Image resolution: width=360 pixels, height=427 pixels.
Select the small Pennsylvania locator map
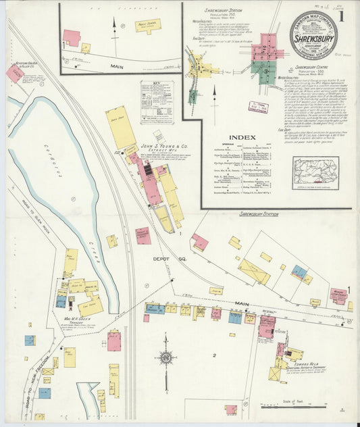[315, 173]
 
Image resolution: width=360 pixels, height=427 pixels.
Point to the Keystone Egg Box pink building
[14, 74]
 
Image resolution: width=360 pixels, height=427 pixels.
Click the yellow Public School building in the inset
[147, 25]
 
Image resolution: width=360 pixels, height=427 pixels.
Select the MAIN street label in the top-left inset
[117, 66]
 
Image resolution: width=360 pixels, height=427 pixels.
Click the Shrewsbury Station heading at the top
[228, 11]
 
